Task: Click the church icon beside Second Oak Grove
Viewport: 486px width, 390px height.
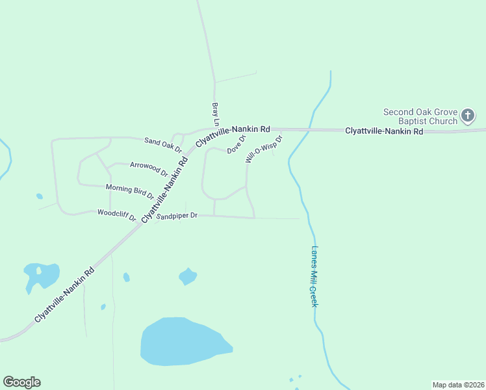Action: (467, 116)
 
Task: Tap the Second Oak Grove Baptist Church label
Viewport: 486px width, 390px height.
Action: (420, 116)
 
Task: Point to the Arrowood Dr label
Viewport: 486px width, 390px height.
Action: (149, 169)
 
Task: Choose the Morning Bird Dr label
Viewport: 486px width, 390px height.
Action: (130, 191)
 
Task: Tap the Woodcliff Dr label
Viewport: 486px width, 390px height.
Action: (116, 214)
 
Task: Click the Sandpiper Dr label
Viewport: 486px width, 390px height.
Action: (176, 215)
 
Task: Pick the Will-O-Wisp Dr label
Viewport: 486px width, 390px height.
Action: (264, 149)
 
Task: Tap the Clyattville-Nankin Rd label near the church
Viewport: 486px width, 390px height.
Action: (384, 131)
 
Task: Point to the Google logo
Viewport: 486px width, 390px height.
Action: (21, 382)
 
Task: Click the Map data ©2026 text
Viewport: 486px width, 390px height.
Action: (458, 385)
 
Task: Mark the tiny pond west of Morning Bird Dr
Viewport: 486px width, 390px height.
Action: (40, 196)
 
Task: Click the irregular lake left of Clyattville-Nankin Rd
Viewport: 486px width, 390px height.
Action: (42, 275)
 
